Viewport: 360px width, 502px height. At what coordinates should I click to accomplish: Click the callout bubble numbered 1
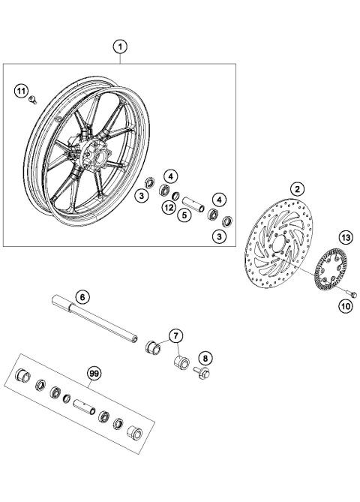click(119, 46)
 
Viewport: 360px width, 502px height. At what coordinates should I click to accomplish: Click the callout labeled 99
click(94, 372)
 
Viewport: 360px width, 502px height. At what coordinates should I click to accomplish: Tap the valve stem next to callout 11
click(32, 101)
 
